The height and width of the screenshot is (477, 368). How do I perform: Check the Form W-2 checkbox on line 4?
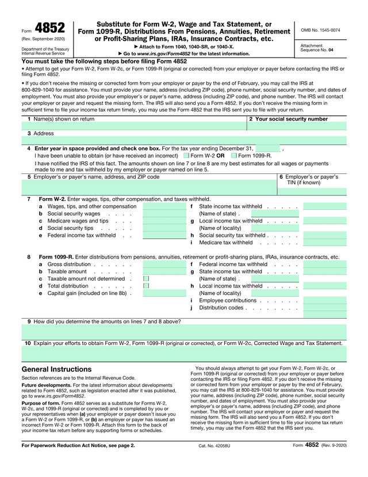tap(186, 155)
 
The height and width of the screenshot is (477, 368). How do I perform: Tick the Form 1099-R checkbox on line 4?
tap(234, 155)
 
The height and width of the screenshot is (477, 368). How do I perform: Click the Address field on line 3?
tap(184, 140)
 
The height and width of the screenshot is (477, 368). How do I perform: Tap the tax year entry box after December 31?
tap(268, 148)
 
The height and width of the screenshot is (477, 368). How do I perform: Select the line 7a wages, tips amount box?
tap(164, 206)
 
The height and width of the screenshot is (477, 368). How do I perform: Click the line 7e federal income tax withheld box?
tap(164, 235)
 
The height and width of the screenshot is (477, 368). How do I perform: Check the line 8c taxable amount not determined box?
tap(146, 279)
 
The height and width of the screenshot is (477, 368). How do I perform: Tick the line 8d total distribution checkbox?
tap(146, 286)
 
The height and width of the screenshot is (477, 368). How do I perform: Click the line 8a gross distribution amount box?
tap(164, 264)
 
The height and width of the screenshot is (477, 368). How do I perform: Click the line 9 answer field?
tap(184, 332)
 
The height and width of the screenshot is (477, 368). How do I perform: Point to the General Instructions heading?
tap(56, 369)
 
